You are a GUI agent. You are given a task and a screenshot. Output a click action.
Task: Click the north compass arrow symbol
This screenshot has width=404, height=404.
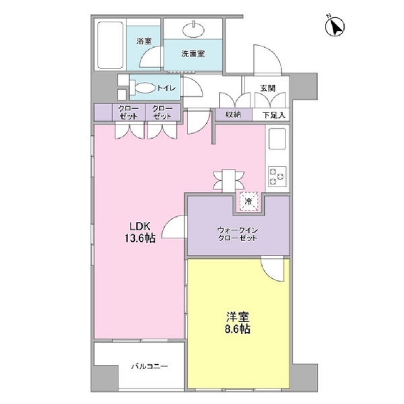pyautogui.click(x=335, y=26)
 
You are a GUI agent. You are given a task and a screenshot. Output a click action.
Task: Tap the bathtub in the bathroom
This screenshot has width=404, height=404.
pyautogui.click(x=110, y=45)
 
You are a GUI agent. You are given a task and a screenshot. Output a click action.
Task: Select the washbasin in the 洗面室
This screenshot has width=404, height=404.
pyautogui.click(x=193, y=29)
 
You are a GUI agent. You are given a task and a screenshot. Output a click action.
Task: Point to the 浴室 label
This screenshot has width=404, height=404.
pyautogui.click(x=144, y=40)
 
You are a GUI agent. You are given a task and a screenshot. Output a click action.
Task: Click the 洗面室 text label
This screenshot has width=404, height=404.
pyautogui.click(x=193, y=54)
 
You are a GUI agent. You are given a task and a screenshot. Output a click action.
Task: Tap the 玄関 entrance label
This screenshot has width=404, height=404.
pyautogui.click(x=268, y=88)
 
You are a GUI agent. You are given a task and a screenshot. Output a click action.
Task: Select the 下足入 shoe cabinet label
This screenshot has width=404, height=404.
pyautogui.click(x=274, y=115)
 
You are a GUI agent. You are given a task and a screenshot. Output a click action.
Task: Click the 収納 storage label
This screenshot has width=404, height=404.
pyautogui.click(x=234, y=114)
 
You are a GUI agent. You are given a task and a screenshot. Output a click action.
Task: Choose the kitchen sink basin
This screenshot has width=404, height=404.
pyautogui.click(x=277, y=139)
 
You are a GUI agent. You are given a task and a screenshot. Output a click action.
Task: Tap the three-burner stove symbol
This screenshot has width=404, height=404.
pyautogui.click(x=277, y=176)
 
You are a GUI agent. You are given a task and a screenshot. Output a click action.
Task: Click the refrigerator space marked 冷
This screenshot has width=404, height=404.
pyautogui.click(x=248, y=201)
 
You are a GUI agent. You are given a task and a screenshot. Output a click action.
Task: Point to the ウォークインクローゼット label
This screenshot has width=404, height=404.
pyautogui.click(x=238, y=234)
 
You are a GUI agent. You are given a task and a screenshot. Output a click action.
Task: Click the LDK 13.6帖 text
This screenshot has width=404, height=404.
pyautogui.click(x=140, y=232)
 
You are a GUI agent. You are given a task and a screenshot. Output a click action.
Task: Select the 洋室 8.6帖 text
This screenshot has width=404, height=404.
pyautogui.click(x=238, y=323)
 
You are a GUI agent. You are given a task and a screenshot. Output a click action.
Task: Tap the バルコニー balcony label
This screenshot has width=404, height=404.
pyautogui.click(x=149, y=366)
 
